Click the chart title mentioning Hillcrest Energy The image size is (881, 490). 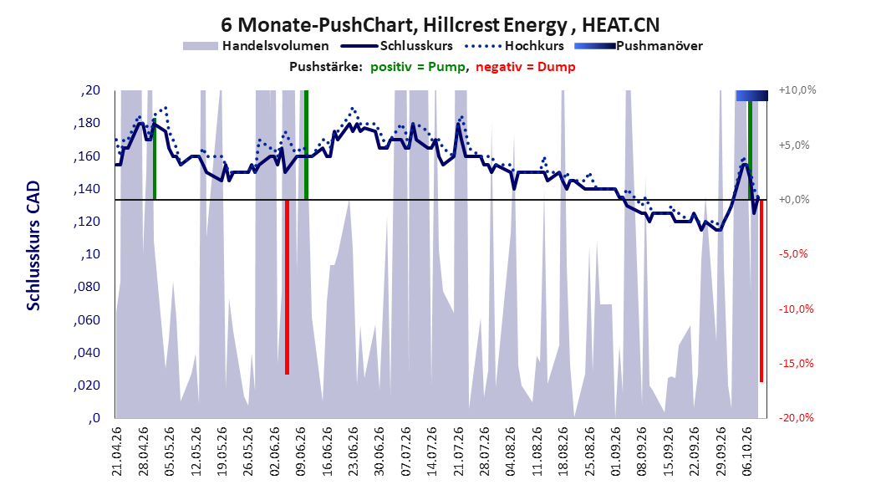440,25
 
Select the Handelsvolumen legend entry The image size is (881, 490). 256,46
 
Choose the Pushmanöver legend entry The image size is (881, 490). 639,46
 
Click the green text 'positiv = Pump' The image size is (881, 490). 418,67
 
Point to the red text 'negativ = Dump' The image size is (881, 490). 526,67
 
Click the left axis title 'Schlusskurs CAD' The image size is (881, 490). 33,246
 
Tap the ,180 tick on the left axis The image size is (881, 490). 87,124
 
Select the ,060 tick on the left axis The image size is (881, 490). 87,320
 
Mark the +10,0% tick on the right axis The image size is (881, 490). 797,90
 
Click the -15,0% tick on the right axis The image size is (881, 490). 796,364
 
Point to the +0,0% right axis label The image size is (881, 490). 794,200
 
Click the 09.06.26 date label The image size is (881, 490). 301,452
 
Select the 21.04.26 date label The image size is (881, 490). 117,452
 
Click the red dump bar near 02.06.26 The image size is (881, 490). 287,287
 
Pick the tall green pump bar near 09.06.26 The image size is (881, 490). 306,145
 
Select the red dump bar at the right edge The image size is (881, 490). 761,291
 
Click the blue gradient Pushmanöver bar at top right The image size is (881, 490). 751,95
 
